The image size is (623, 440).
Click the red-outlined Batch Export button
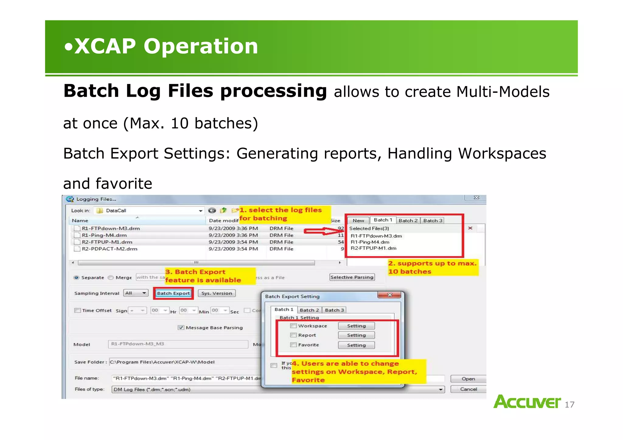click(x=173, y=293)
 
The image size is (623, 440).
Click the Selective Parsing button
click(x=352, y=277)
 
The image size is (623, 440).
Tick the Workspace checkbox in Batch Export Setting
click(x=293, y=326)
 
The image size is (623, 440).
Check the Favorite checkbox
click(x=293, y=345)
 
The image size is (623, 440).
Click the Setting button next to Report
click(x=356, y=335)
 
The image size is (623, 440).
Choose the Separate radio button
click(x=77, y=277)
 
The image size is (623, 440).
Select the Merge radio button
click(x=111, y=277)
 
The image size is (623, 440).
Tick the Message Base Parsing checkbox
click(x=181, y=327)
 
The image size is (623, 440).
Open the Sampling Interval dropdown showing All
click(x=136, y=293)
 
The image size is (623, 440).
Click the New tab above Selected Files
click(x=358, y=220)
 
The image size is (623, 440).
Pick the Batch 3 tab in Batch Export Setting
click(x=334, y=310)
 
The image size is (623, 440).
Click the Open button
click(x=468, y=379)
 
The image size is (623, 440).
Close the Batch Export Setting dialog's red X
click(x=390, y=295)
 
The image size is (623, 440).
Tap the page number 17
click(x=569, y=404)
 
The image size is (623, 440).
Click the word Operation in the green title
click(x=201, y=46)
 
